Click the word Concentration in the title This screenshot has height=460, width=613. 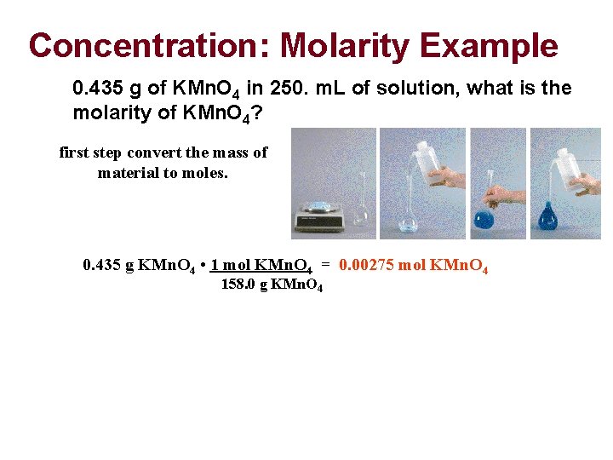click(147, 46)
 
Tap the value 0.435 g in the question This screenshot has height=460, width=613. click(100, 89)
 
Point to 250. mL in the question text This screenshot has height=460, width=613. click(272, 89)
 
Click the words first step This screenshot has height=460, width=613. click(90, 152)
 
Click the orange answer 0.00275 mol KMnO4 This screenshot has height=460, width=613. click(413, 265)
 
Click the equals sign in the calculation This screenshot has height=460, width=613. click(325, 265)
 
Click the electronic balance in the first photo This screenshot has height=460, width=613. click(318, 215)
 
